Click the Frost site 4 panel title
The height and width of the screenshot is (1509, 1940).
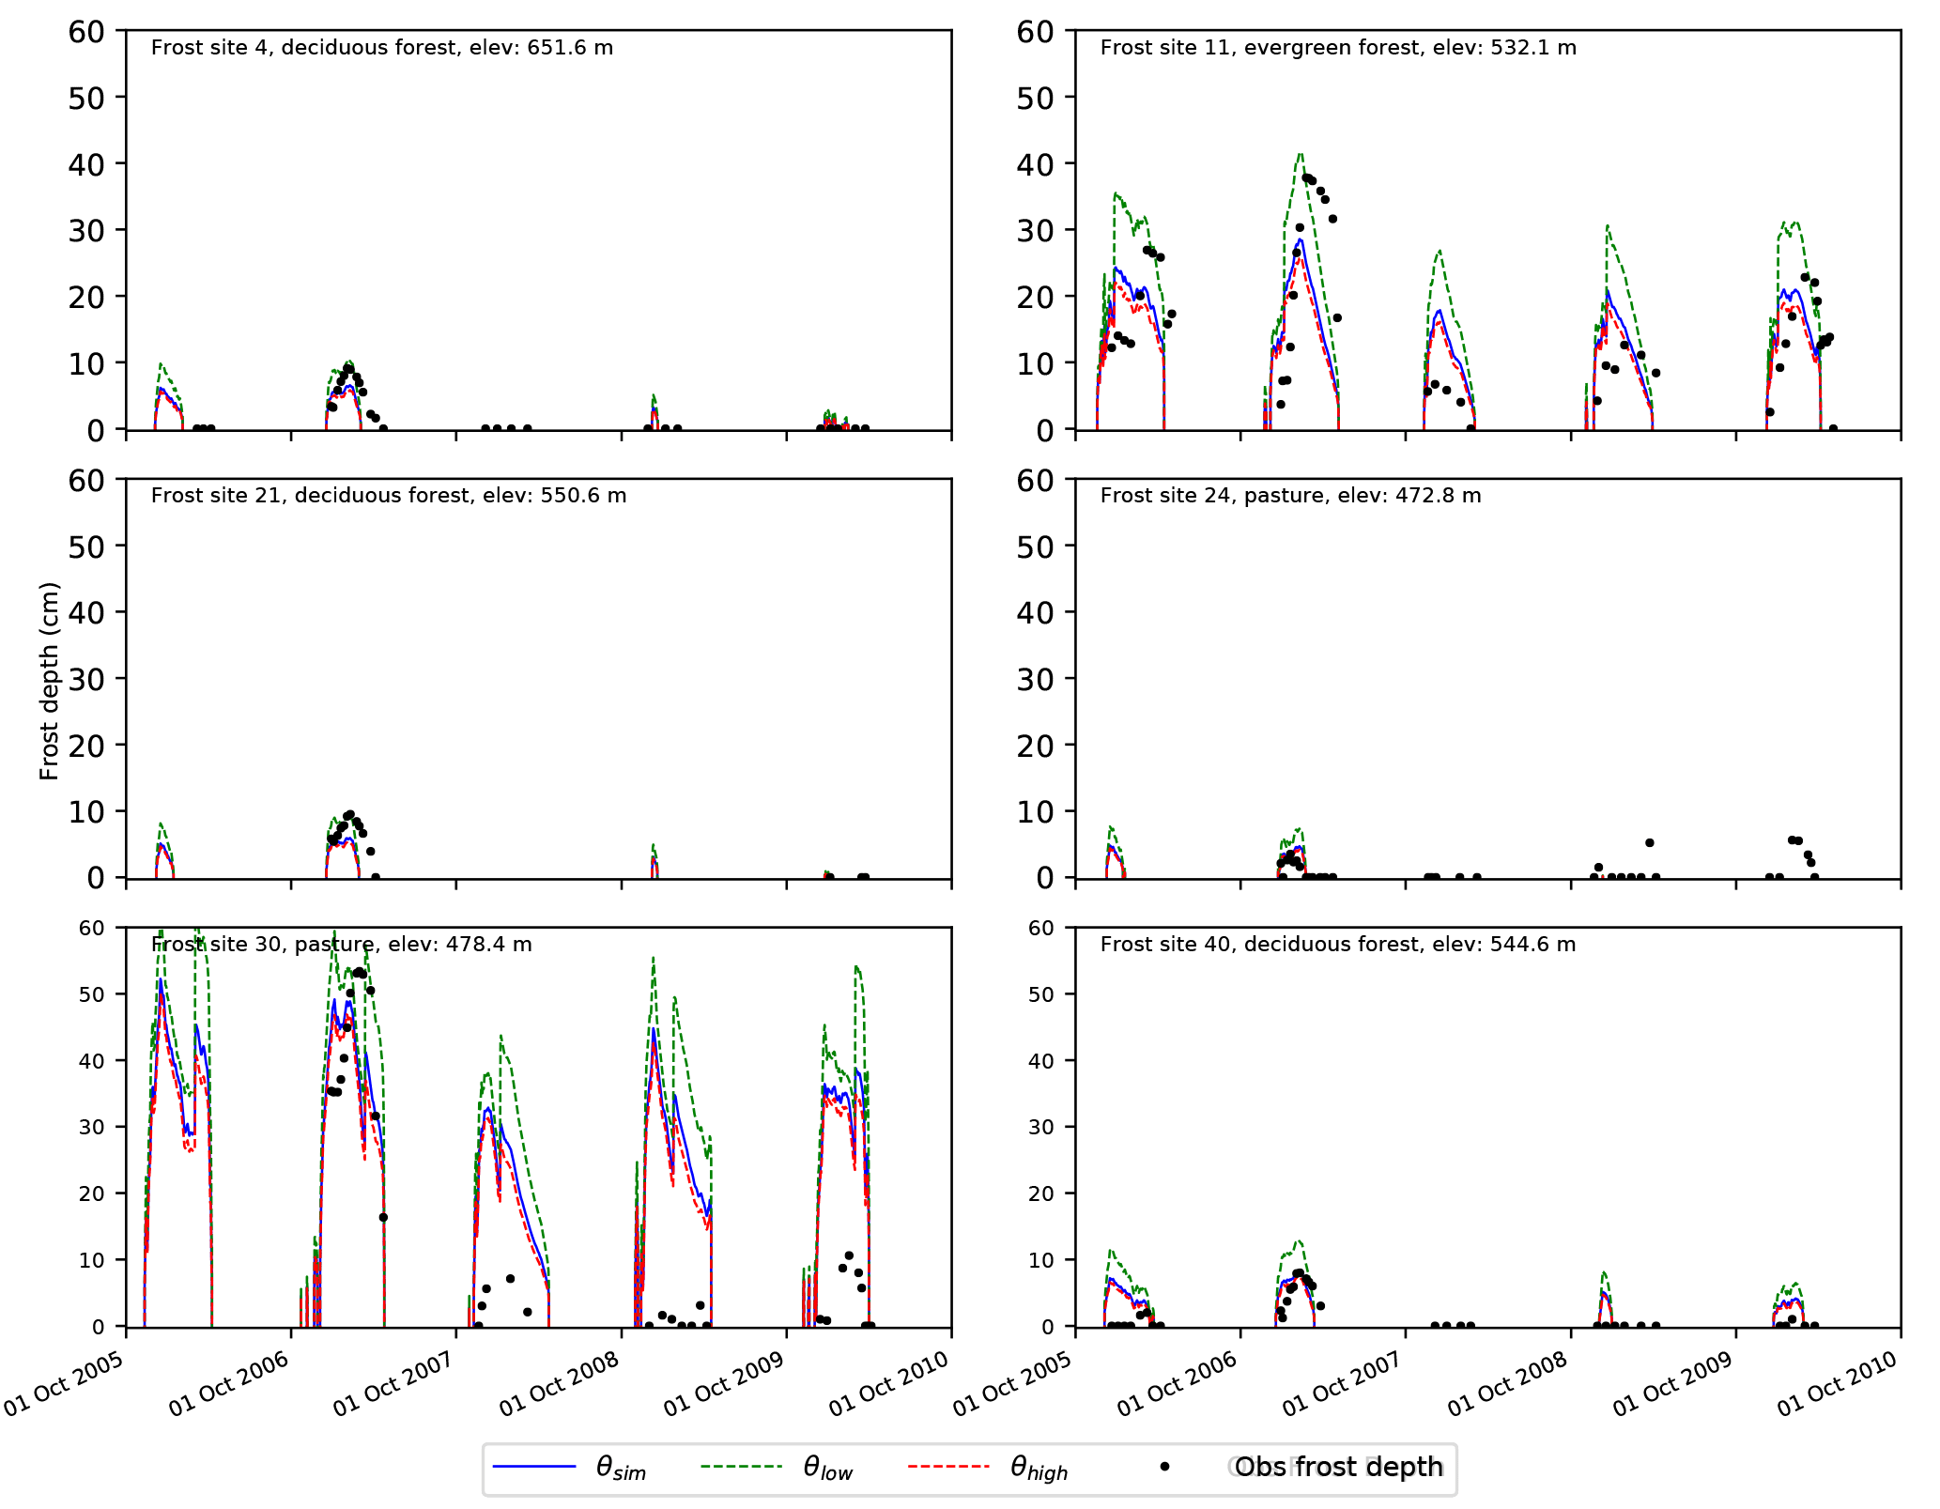click(x=381, y=48)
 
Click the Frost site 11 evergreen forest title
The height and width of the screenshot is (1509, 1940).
click(x=1337, y=48)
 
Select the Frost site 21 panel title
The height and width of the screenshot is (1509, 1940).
click(x=388, y=496)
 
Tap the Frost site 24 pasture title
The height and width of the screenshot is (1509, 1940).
click(x=1290, y=496)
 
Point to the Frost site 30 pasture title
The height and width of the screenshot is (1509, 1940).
click(x=341, y=945)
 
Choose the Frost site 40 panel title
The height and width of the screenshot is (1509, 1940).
click(x=1337, y=945)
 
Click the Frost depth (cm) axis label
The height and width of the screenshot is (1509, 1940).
click(x=50, y=681)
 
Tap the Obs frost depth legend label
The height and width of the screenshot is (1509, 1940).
click(x=1338, y=1468)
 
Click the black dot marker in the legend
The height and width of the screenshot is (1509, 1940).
click(x=1165, y=1467)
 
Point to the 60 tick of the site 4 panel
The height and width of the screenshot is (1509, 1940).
click(x=86, y=32)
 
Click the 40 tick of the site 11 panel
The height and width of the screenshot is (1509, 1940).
click(x=1035, y=164)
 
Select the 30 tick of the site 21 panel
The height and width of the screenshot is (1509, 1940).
click(x=86, y=679)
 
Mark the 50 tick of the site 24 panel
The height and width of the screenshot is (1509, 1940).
click(x=1035, y=547)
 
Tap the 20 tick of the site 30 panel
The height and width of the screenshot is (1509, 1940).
click(x=92, y=1193)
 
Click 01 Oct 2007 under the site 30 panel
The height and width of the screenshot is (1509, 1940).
click(x=393, y=1384)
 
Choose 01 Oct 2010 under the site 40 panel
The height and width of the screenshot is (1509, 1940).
click(x=1838, y=1384)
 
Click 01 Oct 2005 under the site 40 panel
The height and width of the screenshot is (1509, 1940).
click(x=1013, y=1384)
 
